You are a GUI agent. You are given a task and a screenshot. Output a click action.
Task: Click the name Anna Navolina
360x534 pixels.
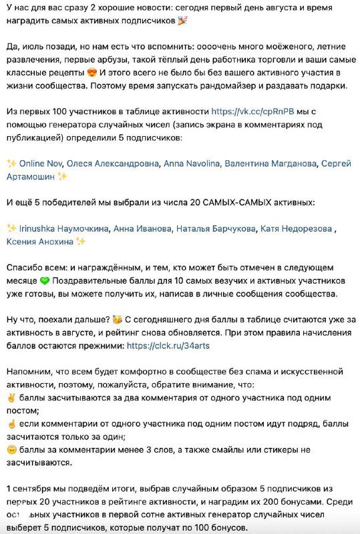[191, 163]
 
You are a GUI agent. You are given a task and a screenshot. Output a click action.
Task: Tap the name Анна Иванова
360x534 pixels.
[142, 228]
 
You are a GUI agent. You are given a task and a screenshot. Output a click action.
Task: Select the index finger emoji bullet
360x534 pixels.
[11, 424]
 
